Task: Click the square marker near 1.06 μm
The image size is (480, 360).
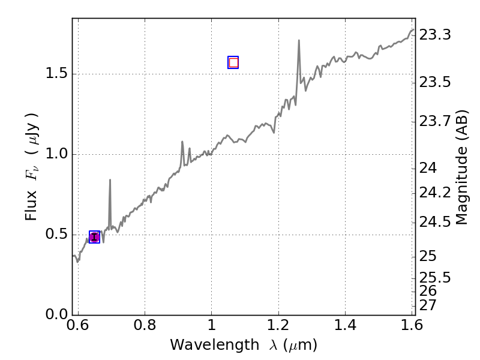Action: [x=233, y=62]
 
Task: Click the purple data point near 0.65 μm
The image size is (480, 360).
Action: [x=94, y=237]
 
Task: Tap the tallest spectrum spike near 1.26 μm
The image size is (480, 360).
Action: [x=299, y=41]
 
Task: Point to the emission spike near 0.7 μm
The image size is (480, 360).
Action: [x=110, y=180]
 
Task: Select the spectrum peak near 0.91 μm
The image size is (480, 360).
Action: [x=182, y=142]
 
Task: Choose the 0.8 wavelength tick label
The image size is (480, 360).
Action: [x=145, y=326]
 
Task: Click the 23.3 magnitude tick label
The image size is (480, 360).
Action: [x=435, y=35]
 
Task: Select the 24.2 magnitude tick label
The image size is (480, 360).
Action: [x=435, y=193]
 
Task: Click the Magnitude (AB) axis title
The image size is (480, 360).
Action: [x=462, y=167]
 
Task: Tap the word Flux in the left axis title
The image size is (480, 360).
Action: [x=31, y=206]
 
